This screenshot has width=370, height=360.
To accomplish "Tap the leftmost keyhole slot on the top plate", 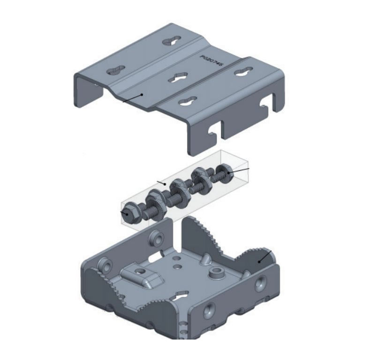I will tap(115, 71).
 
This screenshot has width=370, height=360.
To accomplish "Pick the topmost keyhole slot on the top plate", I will tap(171, 41).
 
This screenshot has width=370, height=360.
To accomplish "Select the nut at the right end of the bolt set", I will tap(228, 174).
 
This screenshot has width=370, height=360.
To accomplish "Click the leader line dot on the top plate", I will tap(142, 94).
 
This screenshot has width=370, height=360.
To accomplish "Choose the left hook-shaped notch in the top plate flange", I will tap(215, 133).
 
